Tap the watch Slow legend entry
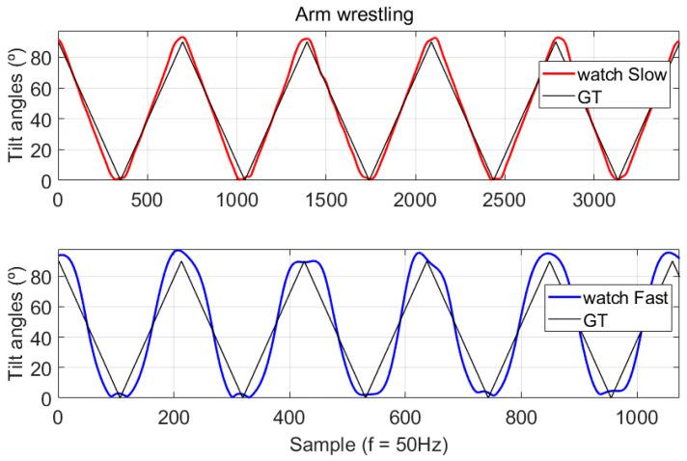click(x=621, y=75)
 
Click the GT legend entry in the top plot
click(x=588, y=97)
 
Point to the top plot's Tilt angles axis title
click(x=16, y=109)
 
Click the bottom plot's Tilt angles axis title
click(x=16, y=326)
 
